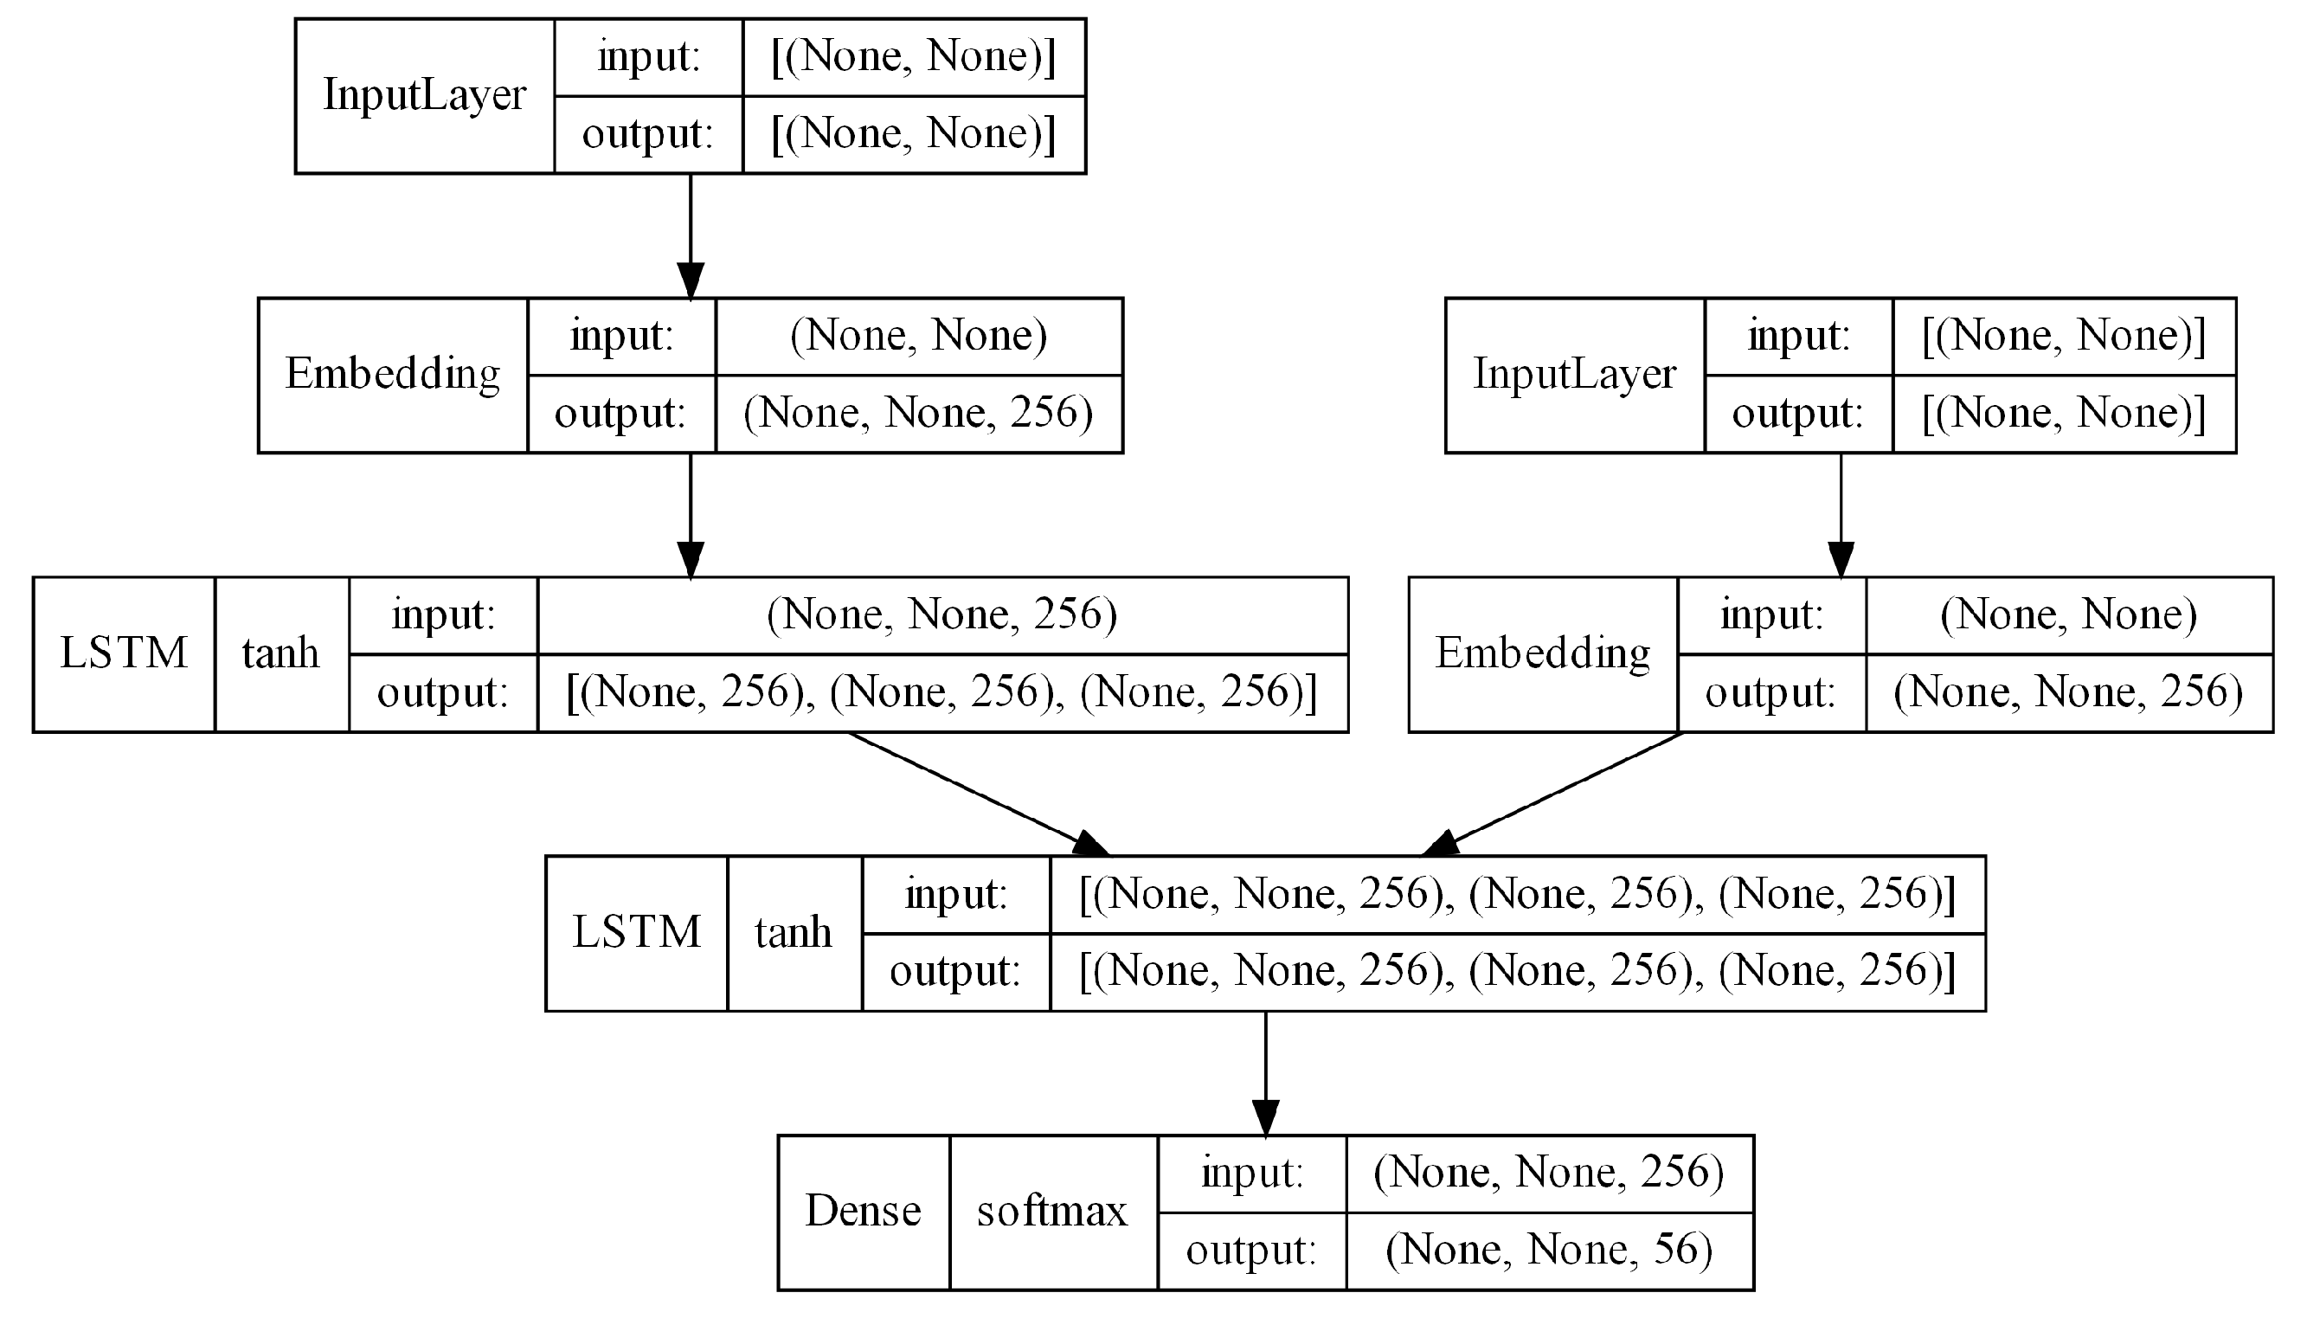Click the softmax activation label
point(1052,1212)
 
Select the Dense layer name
point(863,1212)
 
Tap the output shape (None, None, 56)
point(1548,1250)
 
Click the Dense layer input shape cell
point(1548,1172)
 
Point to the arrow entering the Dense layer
point(1265,1074)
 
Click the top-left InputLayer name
point(424,94)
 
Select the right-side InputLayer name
point(1574,374)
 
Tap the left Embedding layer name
point(392,374)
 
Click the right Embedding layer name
point(1542,653)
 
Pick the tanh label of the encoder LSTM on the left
point(281,653)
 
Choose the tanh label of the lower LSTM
point(794,933)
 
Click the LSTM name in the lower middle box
point(636,933)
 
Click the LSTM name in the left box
point(124,653)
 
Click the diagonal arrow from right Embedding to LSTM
point(1556,793)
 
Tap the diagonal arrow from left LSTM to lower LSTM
point(974,791)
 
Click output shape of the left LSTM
point(941,692)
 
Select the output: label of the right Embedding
point(1770,692)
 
